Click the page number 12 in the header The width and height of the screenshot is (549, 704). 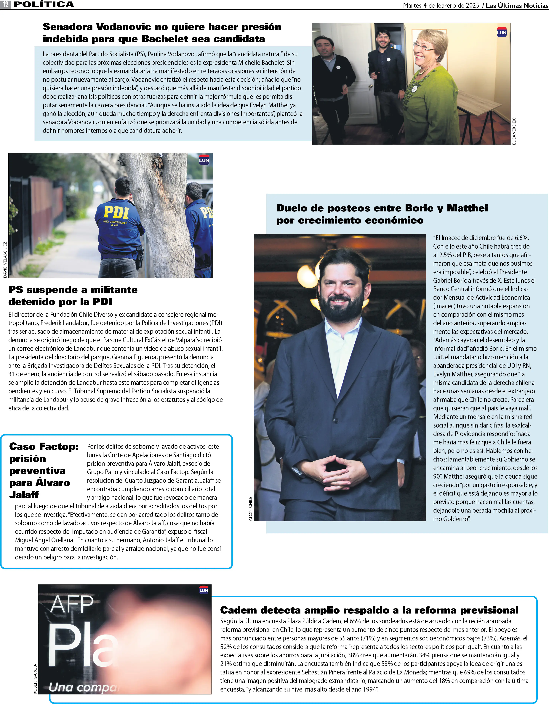click(5, 4)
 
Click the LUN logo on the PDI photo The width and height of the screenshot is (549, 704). click(204, 160)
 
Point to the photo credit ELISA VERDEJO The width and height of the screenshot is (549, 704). click(514, 131)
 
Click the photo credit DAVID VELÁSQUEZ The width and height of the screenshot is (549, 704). click(5, 260)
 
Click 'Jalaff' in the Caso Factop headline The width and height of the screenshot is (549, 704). click(24, 494)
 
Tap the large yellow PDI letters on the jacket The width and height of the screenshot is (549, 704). click(116, 212)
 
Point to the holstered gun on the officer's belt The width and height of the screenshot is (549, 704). click(140, 256)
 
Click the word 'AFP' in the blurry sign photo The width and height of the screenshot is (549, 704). click(72, 604)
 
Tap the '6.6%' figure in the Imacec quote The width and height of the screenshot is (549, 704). click(521, 238)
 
